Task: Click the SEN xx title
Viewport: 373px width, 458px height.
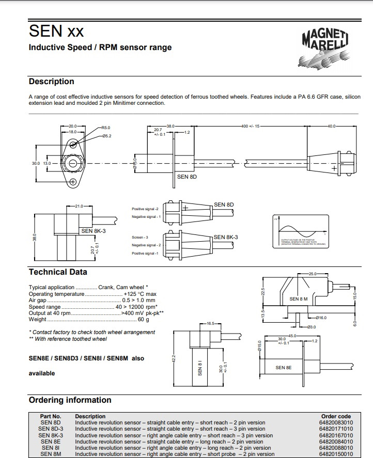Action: point(56,31)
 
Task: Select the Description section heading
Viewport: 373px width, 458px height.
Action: point(51,82)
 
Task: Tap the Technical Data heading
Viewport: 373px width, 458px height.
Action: point(58,272)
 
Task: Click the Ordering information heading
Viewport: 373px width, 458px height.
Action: point(70,400)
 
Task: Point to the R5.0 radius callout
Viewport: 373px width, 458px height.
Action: point(106,127)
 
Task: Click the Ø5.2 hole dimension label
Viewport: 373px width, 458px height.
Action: point(107,135)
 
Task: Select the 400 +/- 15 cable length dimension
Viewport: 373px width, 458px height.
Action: point(251,126)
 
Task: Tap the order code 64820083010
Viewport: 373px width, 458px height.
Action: point(336,422)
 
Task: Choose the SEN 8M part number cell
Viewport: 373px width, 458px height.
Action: point(51,454)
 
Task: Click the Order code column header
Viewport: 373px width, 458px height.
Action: point(336,416)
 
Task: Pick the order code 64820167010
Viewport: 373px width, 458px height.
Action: point(336,435)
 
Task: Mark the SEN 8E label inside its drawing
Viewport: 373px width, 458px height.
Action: point(284,368)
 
